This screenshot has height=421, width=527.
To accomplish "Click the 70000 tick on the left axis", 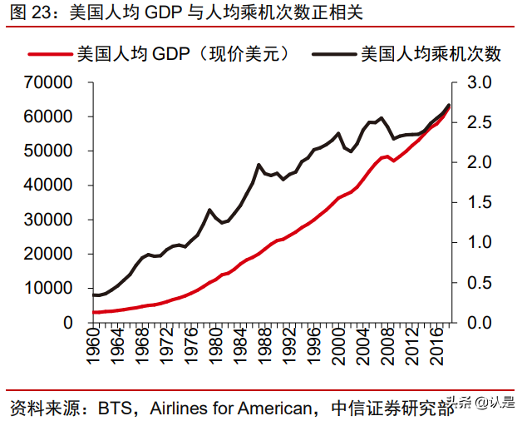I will click(x=50, y=83).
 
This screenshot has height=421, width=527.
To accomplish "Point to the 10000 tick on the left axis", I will click(x=50, y=289).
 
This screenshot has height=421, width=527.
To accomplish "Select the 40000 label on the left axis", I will click(x=50, y=186).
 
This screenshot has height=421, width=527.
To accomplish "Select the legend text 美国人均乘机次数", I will click(x=431, y=55).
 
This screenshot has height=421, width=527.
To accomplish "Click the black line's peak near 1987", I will click(x=259, y=165).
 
